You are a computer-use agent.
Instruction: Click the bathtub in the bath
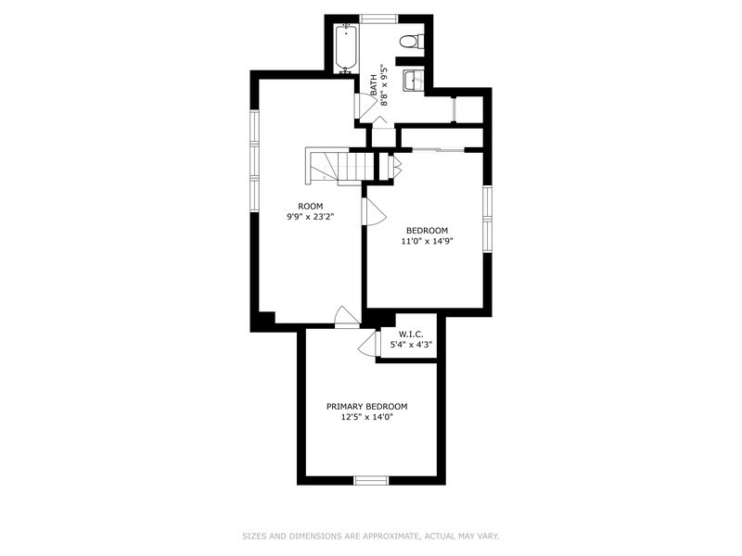346,49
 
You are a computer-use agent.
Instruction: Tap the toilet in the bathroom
412,41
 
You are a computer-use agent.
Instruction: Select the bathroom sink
414,80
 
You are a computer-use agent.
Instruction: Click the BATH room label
374,85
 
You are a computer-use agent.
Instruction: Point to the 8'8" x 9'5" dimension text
384,85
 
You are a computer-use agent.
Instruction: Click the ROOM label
311,206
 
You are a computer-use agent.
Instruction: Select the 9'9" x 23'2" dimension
311,217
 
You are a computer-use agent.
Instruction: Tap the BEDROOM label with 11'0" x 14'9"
427,231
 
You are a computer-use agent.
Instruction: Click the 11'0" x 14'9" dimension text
427,241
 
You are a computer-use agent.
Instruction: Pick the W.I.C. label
407,335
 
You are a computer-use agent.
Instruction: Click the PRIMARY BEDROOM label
366,407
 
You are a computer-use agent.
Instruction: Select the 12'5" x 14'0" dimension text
366,417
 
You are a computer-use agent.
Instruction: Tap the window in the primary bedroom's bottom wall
372,480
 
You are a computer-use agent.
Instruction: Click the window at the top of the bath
378,19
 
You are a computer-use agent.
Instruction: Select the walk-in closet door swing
369,343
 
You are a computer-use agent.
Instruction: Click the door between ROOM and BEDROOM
375,211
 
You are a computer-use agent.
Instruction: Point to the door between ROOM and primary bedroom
347,318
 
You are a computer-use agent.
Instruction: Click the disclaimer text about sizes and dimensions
371,537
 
